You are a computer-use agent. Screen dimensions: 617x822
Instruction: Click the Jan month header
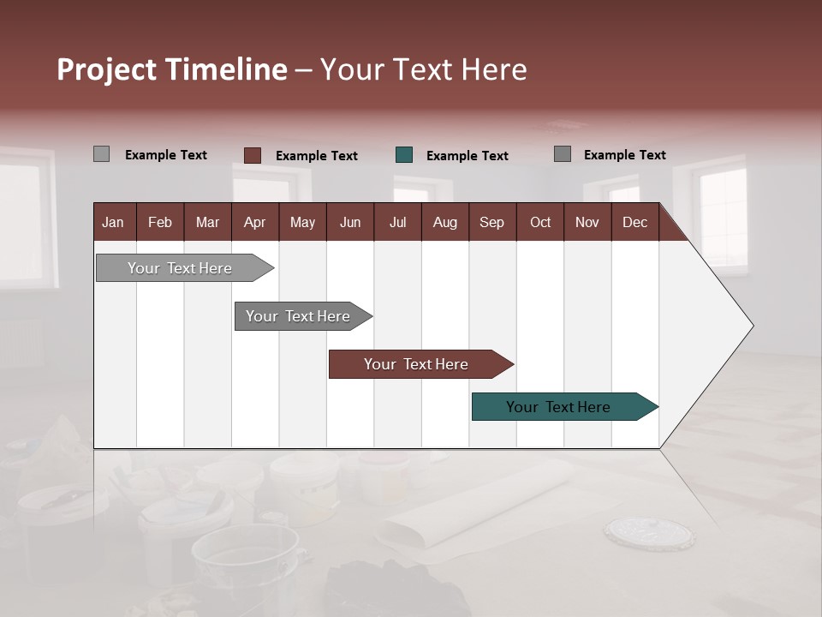(x=113, y=222)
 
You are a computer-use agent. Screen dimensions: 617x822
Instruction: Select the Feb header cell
(x=160, y=222)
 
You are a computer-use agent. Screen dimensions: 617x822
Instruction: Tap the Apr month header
(x=254, y=222)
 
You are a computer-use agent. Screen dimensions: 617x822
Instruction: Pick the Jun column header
(x=350, y=222)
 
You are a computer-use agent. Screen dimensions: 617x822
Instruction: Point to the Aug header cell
(x=444, y=222)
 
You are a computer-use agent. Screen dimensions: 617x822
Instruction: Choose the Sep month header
(x=491, y=222)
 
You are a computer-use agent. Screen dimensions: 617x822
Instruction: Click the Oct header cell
(x=540, y=222)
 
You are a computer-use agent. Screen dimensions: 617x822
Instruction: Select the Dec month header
(x=634, y=222)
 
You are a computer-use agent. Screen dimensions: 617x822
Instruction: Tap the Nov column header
(x=587, y=222)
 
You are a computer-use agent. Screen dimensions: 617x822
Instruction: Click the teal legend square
(x=404, y=155)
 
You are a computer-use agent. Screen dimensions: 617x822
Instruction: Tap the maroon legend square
(x=253, y=155)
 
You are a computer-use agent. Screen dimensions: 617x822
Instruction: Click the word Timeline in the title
(x=226, y=69)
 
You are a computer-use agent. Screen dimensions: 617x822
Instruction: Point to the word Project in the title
(x=107, y=69)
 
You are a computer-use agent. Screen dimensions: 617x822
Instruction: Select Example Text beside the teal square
(x=467, y=156)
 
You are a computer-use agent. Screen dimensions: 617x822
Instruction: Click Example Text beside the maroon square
(x=316, y=156)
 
